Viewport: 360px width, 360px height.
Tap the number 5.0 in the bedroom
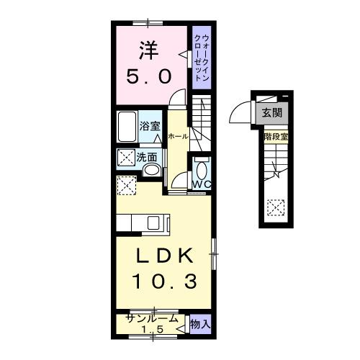pyautogui.click(x=150, y=76)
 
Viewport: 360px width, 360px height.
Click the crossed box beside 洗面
pyautogui.click(x=126, y=156)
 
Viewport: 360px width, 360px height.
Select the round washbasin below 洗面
pyautogui.click(x=151, y=171)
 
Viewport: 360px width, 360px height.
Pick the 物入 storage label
pyautogui.click(x=200, y=325)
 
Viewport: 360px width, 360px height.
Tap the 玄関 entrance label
pyautogui.click(x=271, y=112)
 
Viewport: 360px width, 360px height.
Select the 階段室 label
pyautogui.click(x=276, y=135)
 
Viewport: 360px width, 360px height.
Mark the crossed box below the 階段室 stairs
pyautogui.click(x=276, y=208)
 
